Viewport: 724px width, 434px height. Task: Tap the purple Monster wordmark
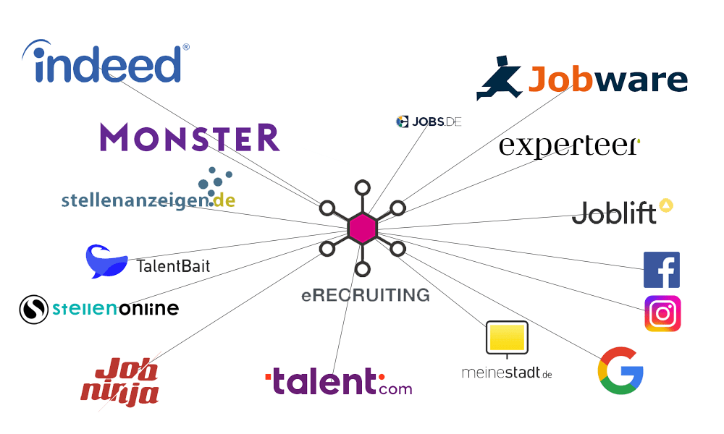tap(190, 137)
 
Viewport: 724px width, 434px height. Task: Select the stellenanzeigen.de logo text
tap(148, 198)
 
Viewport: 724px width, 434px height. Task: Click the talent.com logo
tap(339, 381)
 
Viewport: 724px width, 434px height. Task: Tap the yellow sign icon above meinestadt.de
tap(507, 338)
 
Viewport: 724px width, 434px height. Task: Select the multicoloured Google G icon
tap(620, 370)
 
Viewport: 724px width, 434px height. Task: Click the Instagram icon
tap(662, 314)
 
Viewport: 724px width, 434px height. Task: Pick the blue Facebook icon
tap(662, 270)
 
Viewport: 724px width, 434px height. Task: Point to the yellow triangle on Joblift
tap(665, 205)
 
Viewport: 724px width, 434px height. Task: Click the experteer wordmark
tap(569, 145)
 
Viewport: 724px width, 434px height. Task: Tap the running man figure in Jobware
tap(499, 79)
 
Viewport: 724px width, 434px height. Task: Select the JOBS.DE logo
tap(429, 122)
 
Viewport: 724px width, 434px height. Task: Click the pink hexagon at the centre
tap(362, 229)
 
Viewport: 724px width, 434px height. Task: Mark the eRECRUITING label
tap(366, 295)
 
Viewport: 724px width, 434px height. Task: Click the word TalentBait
tap(173, 266)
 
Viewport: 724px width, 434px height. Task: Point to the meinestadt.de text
tap(507, 373)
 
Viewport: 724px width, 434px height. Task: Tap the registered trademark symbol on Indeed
tap(186, 47)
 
